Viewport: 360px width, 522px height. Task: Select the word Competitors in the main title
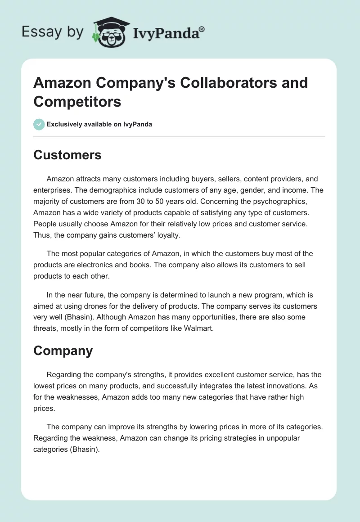pos(77,101)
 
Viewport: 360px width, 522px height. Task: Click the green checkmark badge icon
pos(39,124)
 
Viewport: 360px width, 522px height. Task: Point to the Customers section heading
pos(67,155)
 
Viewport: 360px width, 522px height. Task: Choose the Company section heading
pos(63,351)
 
